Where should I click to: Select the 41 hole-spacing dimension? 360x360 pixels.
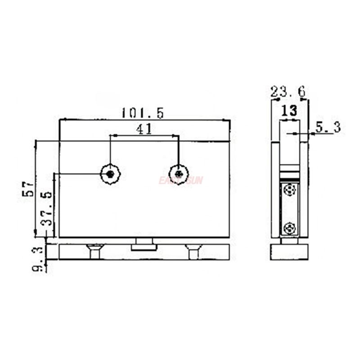[x=143, y=130]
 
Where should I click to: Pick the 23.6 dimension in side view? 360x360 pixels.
[x=288, y=93]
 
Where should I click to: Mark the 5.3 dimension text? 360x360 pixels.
[x=328, y=127]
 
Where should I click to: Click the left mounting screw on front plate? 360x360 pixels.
[x=110, y=174]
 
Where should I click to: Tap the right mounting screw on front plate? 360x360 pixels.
[x=179, y=174]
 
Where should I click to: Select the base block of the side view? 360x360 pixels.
[x=289, y=252]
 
